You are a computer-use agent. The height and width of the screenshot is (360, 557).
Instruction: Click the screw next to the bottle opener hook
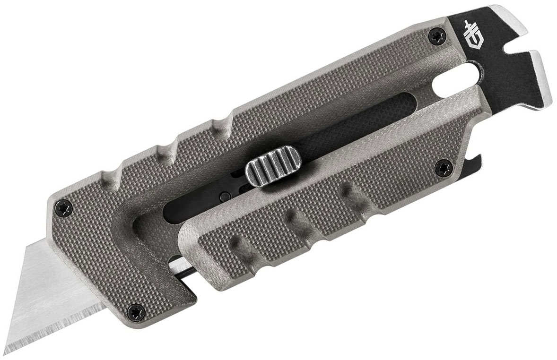(443, 168)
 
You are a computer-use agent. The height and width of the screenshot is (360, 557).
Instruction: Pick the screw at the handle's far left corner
(65, 208)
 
